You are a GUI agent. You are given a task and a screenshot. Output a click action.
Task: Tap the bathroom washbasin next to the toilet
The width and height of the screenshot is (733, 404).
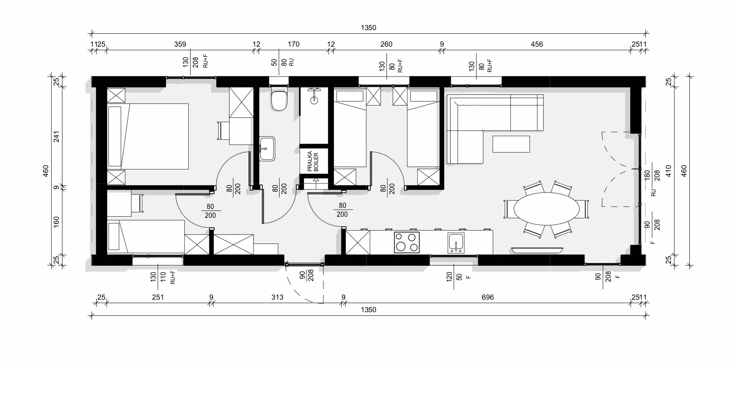267,149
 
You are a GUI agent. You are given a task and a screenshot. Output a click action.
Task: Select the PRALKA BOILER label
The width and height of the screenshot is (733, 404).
313,161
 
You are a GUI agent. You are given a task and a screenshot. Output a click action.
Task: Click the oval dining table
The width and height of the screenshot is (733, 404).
546,209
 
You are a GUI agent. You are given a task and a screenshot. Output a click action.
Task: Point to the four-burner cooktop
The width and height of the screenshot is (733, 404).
407,242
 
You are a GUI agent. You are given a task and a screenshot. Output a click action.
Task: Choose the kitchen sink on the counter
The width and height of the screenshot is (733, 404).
456,243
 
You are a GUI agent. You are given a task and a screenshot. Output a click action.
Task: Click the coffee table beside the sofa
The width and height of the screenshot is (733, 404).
511,144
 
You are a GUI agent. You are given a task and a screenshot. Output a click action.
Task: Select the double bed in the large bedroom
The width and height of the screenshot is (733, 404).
148,136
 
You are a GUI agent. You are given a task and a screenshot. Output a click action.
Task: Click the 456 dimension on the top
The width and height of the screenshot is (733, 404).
537,44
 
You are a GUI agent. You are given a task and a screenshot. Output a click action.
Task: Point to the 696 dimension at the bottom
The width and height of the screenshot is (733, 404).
488,297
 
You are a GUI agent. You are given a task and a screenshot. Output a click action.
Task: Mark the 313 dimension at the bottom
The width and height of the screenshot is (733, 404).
277,297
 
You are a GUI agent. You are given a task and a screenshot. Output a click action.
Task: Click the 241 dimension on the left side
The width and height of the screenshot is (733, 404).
57,137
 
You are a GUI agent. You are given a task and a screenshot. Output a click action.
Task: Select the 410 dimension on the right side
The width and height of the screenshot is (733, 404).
668,171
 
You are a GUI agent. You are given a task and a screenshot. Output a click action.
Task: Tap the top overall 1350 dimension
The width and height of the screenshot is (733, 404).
368,28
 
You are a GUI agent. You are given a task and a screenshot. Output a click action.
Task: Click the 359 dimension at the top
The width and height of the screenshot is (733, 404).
180,44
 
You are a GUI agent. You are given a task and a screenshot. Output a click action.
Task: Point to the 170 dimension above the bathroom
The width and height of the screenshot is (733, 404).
293,44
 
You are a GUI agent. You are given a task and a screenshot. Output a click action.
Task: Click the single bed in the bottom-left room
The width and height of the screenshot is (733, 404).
145,237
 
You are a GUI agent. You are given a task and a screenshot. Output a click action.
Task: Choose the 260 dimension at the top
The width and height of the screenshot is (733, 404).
386,44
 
